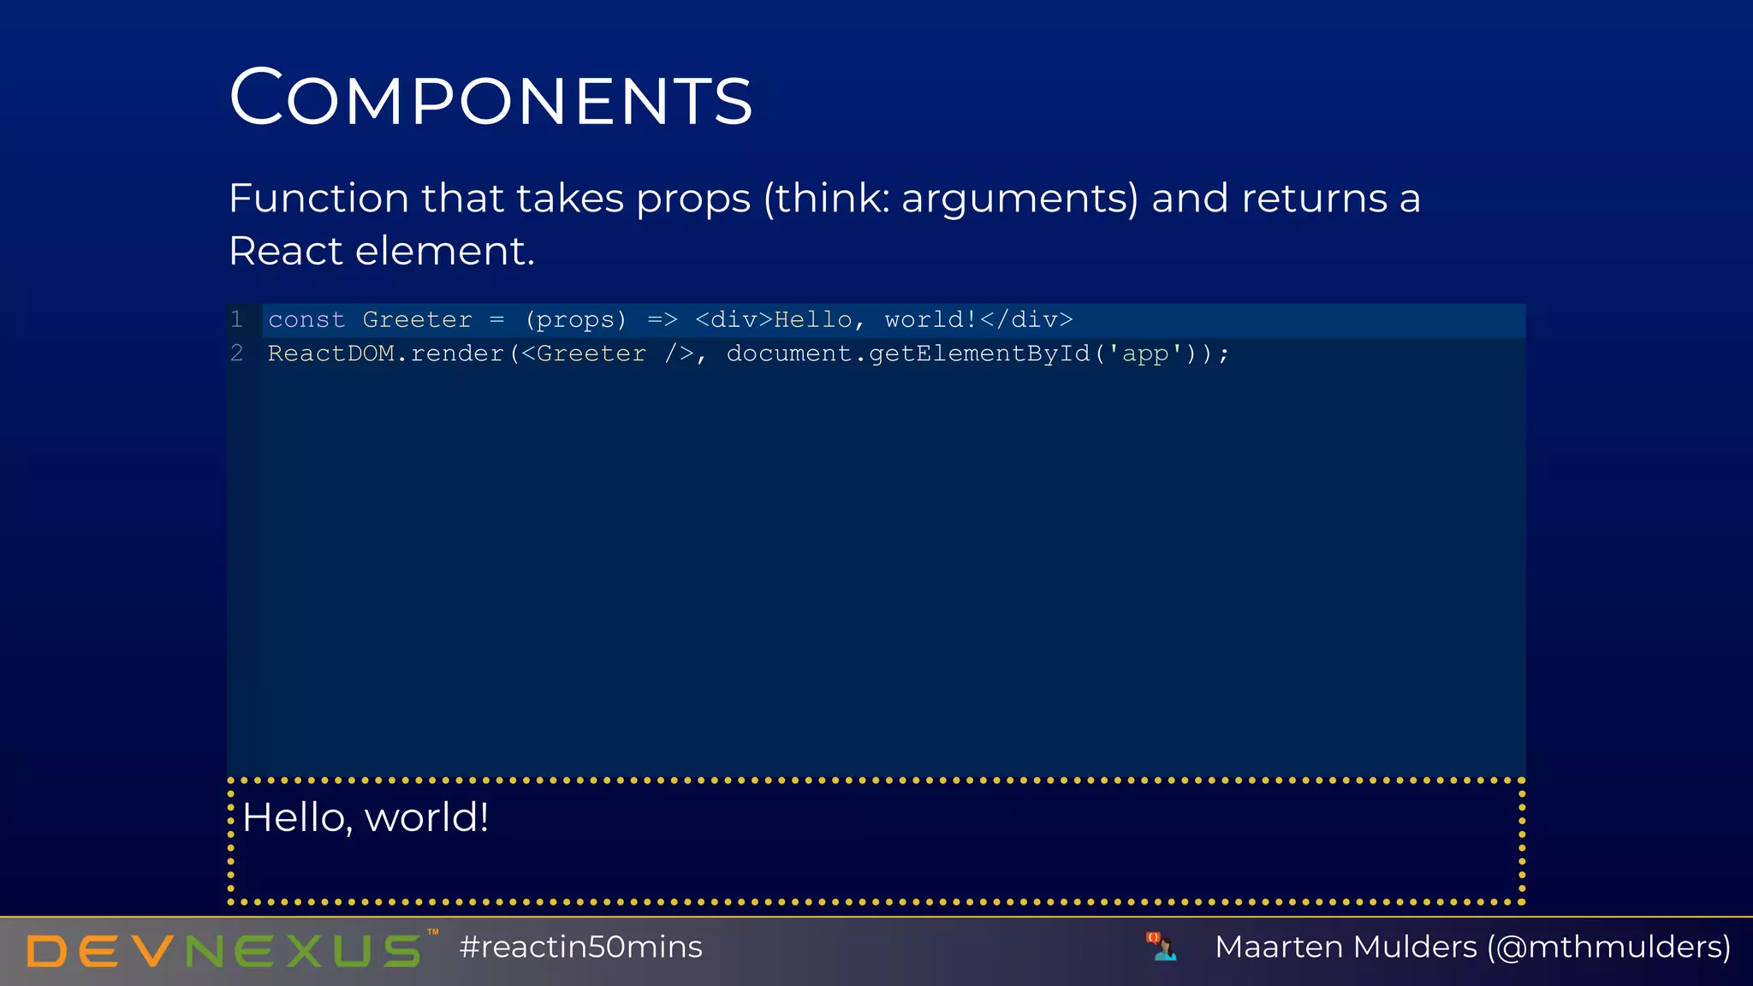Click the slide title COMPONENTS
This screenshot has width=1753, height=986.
pos(490,98)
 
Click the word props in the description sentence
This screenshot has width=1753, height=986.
pos(693,199)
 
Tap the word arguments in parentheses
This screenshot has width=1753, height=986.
pos(1019,199)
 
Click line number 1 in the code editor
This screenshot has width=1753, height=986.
pos(237,319)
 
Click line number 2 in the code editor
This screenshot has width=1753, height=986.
pos(237,353)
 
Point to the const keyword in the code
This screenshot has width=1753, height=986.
pos(306,320)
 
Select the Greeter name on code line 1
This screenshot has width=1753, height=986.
pos(417,320)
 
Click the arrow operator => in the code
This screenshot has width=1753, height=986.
pos(662,320)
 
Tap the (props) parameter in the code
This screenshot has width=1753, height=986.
pos(575,320)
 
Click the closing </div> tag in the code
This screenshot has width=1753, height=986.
pos(1025,320)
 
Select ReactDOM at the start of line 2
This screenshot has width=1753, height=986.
pos(330,353)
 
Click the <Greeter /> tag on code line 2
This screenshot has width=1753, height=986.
pos(607,353)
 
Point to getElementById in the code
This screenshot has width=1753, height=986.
pos(979,353)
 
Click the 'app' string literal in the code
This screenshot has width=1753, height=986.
pos(1145,353)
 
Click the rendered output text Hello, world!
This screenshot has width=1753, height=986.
pos(365,817)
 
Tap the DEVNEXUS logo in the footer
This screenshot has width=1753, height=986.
pos(224,950)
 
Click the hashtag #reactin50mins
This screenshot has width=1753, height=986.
pos(580,947)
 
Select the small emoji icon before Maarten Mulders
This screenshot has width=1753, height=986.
pos(1162,947)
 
